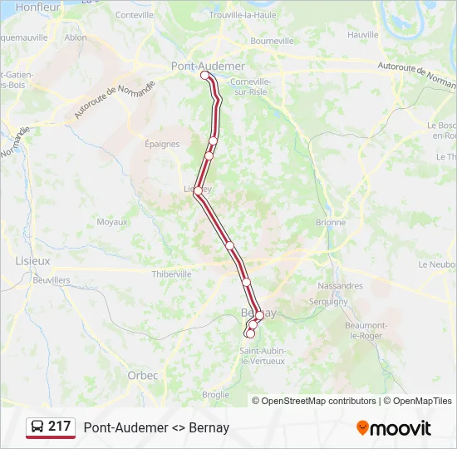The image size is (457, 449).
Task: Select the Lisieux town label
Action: point(33,260)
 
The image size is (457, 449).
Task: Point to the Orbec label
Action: point(143,375)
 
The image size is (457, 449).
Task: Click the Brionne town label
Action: point(331,223)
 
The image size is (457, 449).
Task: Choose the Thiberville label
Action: point(172,274)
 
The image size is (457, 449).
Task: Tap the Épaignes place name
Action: point(162,144)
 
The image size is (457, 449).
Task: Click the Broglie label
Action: point(215,394)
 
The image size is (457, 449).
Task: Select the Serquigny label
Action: point(328,302)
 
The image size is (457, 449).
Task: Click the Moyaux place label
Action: point(112,222)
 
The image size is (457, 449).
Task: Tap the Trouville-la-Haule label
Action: point(243,15)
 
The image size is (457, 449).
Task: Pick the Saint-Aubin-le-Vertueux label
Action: point(263,356)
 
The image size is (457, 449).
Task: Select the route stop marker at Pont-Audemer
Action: point(205,75)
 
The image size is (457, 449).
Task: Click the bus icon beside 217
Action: point(37,427)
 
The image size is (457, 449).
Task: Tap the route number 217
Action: point(60,427)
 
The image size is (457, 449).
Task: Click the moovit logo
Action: point(394,428)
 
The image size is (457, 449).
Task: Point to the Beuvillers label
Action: point(51,280)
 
